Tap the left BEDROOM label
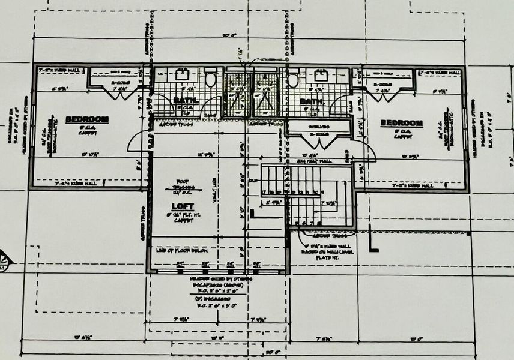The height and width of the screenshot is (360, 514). click(x=87, y=119)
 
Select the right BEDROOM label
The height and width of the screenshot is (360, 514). click(x=402, y=123)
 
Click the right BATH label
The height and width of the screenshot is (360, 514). click(x=311, y=102)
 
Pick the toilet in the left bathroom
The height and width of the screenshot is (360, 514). click(x=210, y=79)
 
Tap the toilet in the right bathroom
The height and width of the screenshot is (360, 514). click(x=294, y=80)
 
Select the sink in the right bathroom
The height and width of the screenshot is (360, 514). click(x=321, y=76)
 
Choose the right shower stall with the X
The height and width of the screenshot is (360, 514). click(x=265, y=96)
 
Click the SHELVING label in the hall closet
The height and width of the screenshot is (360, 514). click(x=318, y=127)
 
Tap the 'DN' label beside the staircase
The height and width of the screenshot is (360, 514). click(x=254, y=180)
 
